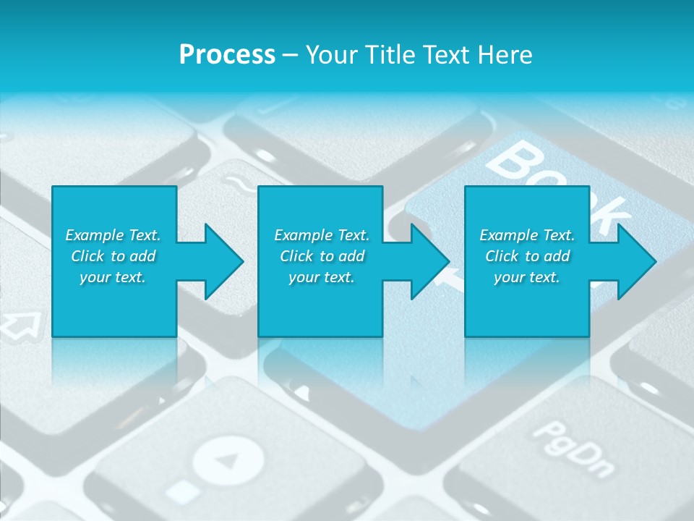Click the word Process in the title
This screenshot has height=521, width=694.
point(227,55)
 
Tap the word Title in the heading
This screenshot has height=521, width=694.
point(390,55)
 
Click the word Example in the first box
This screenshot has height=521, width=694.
point(94,235)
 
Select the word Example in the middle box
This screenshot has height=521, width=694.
point(303,235)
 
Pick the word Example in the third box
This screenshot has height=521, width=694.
point(508,235)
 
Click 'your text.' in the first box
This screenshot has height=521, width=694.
point(113,277)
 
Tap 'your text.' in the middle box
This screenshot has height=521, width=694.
point(322,277)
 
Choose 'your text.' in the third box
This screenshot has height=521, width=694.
point(527,277)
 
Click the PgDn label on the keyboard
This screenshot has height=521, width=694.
point(574,449)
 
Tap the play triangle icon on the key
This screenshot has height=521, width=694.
point(229,459)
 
